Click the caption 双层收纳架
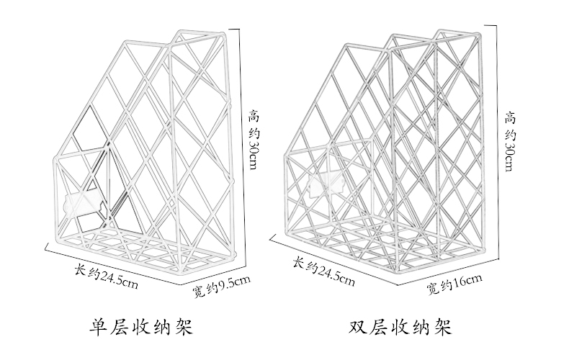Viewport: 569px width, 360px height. pos(400,328)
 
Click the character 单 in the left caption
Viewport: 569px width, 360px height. pos(94,328)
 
